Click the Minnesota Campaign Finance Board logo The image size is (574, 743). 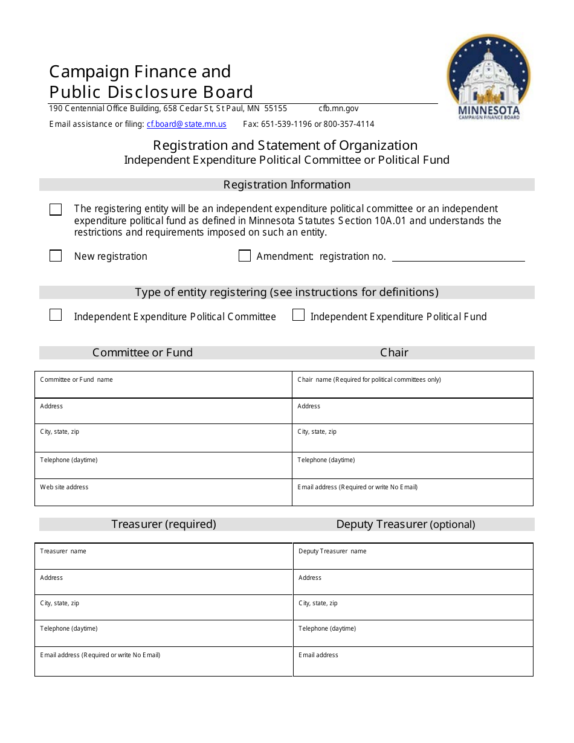tap(488, 76)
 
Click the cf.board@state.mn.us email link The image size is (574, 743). tap(186, 124)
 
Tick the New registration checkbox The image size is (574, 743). tap(56, 256)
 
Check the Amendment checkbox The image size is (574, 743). tap(245, 256)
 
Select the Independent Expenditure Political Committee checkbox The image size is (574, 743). tap(56, 315)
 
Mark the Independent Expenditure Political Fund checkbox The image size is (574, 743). tap(298, 315)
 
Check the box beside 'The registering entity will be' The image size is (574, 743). tap(56, 210)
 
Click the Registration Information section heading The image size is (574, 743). tap(287, 185)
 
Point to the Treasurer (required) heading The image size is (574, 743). tap(164, 524)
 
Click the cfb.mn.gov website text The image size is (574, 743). tap(338, 109)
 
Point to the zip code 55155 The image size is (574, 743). tap(276, 109)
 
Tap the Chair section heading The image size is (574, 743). tap(395, 353)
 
